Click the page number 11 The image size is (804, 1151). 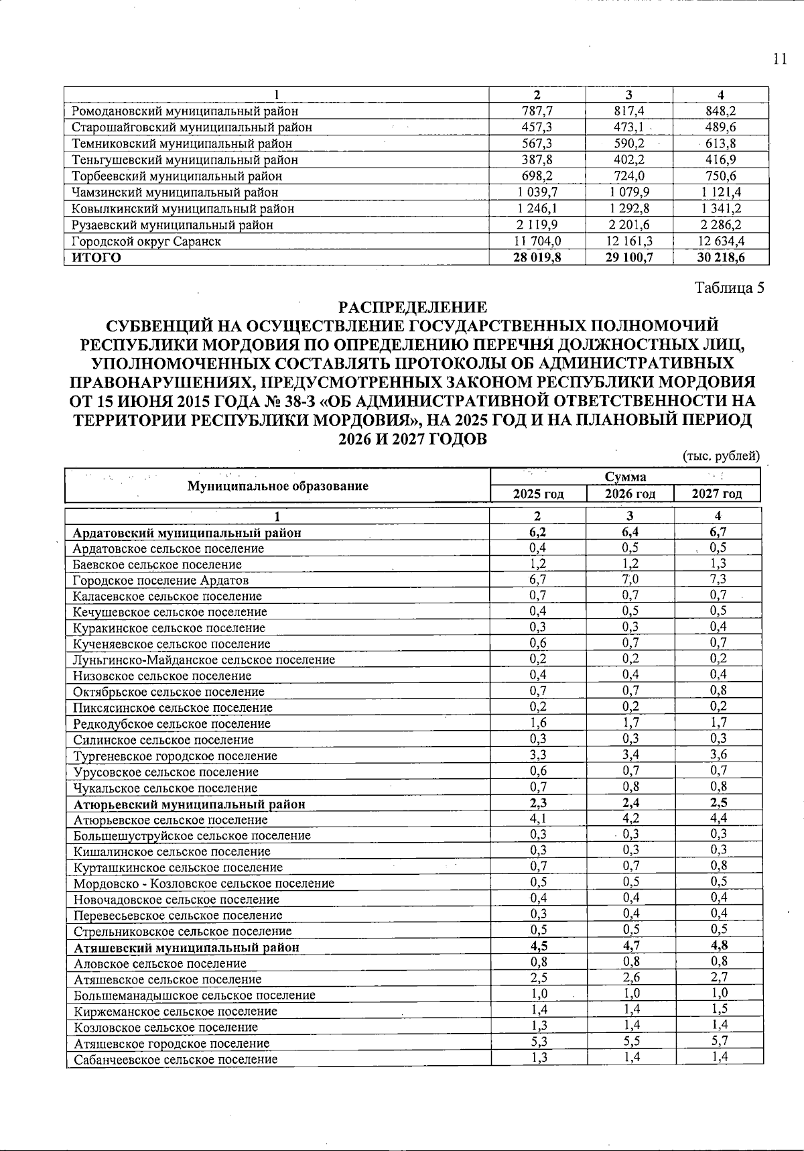tap(779, 59)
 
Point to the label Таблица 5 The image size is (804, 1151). tap(729, 288)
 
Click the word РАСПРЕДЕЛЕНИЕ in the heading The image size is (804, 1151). tap(412, 308)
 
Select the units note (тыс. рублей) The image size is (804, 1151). tap(721, 456)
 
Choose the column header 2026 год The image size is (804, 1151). tap(630, 494)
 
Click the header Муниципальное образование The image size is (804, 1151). tap(277, 486)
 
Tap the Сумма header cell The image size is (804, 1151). tap(625, 477)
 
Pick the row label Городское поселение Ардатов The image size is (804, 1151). tap(161, 581)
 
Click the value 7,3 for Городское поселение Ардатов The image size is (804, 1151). tap(718, 579)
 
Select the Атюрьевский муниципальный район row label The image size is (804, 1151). tap(189, 804)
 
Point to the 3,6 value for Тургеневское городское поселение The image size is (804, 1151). tap(718, 755)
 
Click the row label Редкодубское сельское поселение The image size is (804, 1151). tap(172, 724)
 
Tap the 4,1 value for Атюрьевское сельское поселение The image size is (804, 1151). tap(538, 819)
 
